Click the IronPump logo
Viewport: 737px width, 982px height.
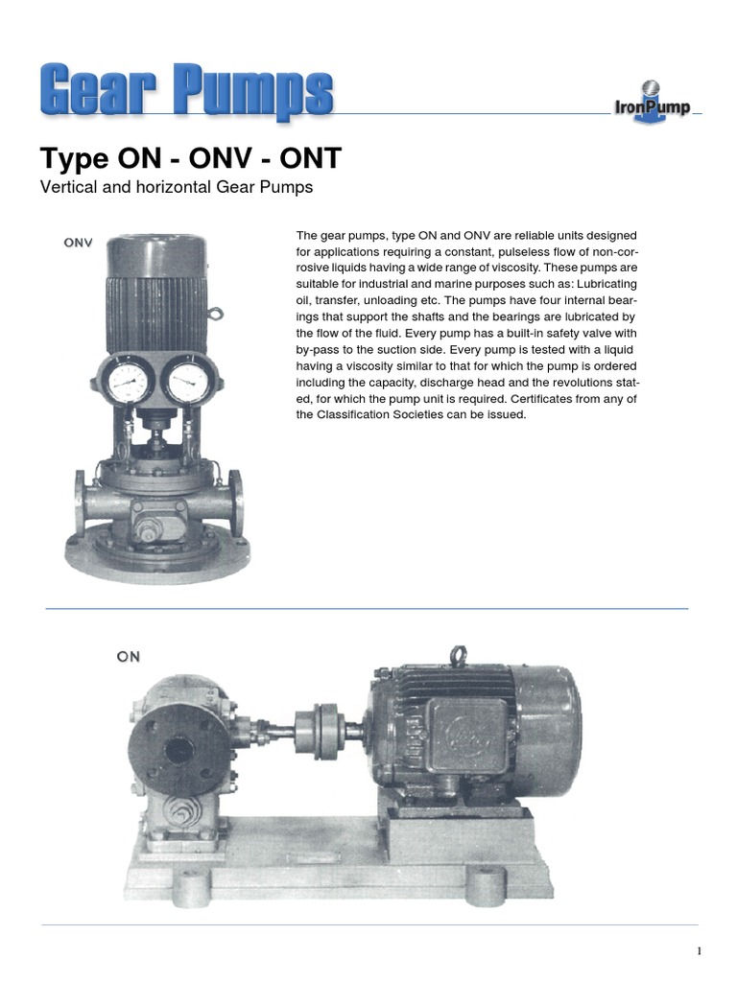pos(652,102)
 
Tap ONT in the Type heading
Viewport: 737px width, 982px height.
pos(310,158)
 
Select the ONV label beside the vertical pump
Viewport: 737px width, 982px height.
pos(79,243)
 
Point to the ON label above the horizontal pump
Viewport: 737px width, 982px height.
pos(128,656)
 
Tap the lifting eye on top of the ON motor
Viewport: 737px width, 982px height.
pos(458,656)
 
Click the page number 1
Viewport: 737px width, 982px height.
pos(700,951)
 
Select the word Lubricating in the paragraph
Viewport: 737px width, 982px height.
pos(606,284)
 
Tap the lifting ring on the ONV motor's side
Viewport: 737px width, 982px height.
pos(215,313)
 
